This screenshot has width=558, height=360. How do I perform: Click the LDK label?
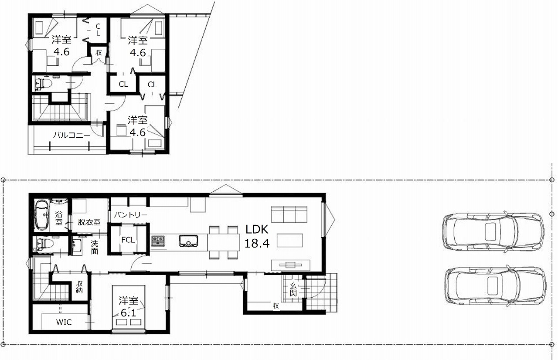257,229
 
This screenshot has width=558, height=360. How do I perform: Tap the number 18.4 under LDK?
257,243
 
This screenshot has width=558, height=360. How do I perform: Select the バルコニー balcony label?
72,135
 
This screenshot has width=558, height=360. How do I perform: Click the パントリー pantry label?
130,214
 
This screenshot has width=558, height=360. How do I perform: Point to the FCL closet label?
128,240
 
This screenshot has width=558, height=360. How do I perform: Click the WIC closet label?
64,322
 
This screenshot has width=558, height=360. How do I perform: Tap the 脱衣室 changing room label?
89,222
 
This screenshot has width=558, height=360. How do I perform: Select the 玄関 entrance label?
293,289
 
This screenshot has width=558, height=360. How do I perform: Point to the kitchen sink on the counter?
188,241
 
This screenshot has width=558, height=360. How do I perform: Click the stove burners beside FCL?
158,241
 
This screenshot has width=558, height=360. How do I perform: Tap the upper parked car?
493,232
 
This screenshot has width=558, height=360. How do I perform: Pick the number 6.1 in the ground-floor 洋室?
129,313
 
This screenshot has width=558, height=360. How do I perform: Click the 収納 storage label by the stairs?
79,287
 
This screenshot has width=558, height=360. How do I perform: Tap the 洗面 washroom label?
95,247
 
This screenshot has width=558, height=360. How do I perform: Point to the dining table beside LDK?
224,242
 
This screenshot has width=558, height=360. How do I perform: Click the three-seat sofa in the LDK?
289,214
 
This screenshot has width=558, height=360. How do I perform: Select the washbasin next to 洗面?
77,246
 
